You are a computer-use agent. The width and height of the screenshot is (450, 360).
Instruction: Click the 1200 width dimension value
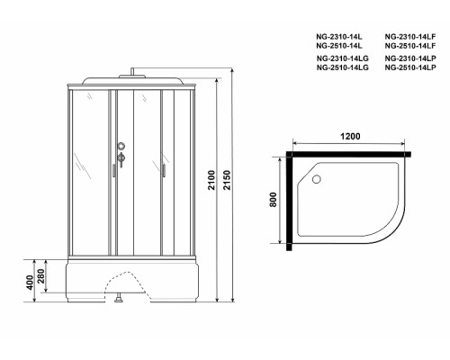tap(352, 136)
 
